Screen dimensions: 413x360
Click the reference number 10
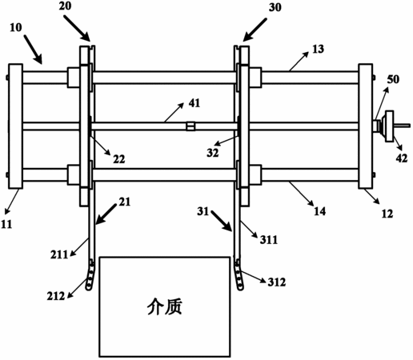pos(16,27)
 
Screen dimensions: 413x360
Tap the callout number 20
pos(65,6)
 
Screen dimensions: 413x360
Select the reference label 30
pos(275,7)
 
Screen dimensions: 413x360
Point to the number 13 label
pos(318,49)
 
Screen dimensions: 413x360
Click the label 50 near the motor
pos(393,79)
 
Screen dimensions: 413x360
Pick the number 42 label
pos(402,158)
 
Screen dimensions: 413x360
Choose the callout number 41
pos(194,103)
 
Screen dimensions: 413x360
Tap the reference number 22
pos(118,159)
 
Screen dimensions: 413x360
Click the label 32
pos(213,153)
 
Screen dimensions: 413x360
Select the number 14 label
pos(319,211)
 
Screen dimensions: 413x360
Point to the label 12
pos(387,214)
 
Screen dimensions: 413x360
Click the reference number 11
pos(6,225)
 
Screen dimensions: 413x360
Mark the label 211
pos(59,254)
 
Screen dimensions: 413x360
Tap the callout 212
pos(56,296)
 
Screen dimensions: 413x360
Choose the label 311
pos(269,240)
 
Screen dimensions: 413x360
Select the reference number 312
pos(277,282)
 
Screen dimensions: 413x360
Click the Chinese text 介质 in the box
pos(165,306)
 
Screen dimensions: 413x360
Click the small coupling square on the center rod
pos(190,126)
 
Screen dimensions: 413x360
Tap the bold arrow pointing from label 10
pos(33,49)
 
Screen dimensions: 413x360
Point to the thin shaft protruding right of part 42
pos(402,125)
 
